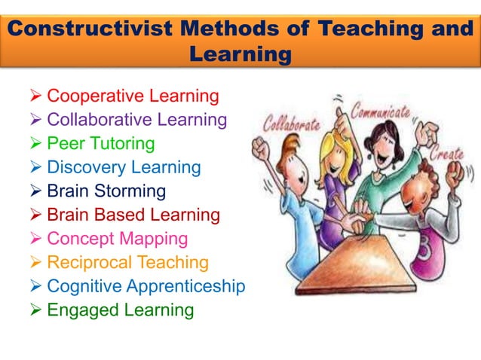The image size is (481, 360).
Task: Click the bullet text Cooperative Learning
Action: pyautogui.click(x=133, y=96)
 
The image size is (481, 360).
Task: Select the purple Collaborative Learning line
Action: pyautogui.click(x=136, y=119)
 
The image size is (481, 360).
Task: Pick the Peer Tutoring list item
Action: pyautogui.click(x=100, y=143)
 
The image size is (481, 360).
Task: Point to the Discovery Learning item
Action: pyautogui.click(x=124, y=167)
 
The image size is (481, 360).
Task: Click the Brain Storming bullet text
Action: pyautogui.click(x=106, y=191)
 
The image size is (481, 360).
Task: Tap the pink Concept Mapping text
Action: pyautogui.click(x=117, y=239)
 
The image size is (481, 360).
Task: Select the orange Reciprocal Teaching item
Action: pyautogui.click(x=127, y=262)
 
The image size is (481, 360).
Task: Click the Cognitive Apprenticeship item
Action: pyautogui.click(x=146, y=286)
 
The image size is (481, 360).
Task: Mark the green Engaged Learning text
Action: pyautogui.click(x=120, y=310)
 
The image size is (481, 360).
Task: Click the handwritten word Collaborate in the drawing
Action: pyautogui.click(x=290, y=122)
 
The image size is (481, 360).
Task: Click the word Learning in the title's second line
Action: pyautogui.click(x=240, y=54)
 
